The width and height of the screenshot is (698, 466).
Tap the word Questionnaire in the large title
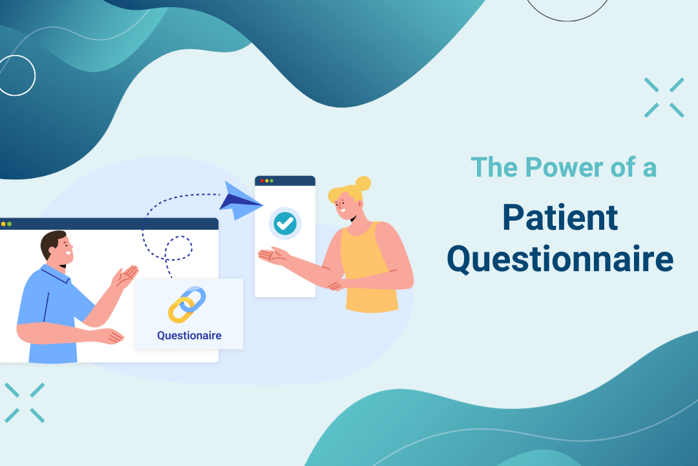560,260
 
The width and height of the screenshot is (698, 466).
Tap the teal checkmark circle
284,224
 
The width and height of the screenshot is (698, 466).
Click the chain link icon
187,304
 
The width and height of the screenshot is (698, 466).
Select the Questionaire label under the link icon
189,335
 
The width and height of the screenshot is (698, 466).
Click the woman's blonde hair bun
363,183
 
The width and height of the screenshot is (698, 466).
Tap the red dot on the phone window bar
261,181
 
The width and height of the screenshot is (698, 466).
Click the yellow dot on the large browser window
3,224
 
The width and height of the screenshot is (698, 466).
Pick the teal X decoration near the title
664,98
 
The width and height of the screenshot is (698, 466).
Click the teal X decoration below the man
25,403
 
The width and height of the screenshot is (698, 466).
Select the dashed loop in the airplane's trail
178,249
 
